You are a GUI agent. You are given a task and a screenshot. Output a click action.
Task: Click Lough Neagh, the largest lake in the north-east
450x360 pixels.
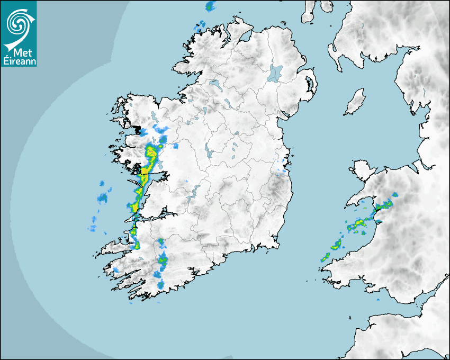pos(275,73)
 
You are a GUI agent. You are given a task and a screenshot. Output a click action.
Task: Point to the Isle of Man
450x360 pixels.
pos(355,102)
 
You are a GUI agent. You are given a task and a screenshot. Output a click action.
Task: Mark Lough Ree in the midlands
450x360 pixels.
pos(209,154)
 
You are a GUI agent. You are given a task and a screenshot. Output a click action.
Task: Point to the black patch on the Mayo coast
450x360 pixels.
pos(139,129)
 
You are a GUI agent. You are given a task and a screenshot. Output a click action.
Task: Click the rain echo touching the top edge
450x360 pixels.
pos(211,6)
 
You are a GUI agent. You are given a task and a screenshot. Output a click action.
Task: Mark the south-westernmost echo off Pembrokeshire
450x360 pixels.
pos(324,258)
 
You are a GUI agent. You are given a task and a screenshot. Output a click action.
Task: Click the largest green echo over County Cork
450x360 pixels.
pos(163,260)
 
